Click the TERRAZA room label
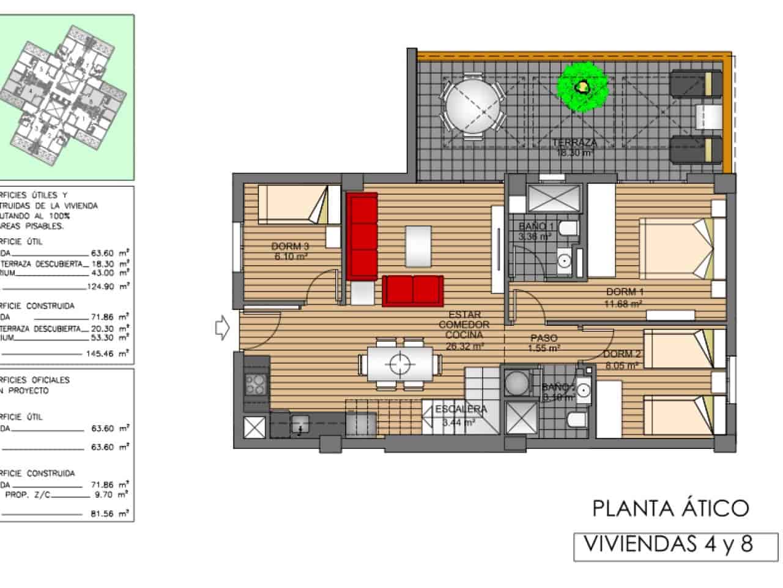coord(574,143)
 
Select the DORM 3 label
coord(290,246)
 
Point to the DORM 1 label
coord(625,292)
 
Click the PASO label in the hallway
coord(543,337)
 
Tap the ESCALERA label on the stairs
coord(461,409)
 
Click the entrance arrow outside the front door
coord(222,329)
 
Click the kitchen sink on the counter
coord(300,423)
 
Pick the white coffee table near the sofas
coord(418,246)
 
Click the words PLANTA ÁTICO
coord(670,508)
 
